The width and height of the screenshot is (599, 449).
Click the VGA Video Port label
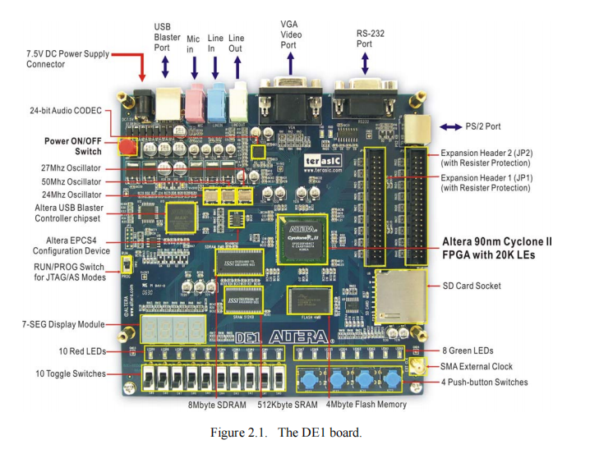point(289,34)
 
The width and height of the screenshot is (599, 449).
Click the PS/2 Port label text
point(483,126)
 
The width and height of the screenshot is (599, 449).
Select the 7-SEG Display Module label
point(62,324)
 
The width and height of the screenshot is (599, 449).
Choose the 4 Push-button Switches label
point(485,382)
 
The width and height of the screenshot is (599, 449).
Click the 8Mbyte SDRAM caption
point(217,404)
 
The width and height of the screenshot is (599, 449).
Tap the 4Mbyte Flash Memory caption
point(367,404)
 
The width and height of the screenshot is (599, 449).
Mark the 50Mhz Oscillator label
point(71,181)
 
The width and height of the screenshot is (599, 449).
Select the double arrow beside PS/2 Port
point(451,126)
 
